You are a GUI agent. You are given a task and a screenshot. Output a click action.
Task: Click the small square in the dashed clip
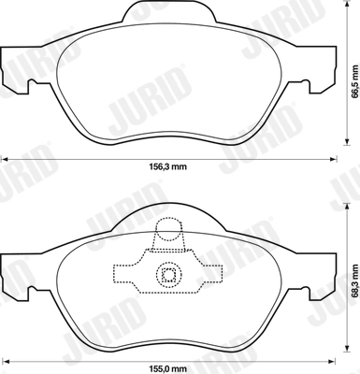[169, 274]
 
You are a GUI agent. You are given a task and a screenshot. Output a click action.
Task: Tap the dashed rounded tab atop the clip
[169, 232]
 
